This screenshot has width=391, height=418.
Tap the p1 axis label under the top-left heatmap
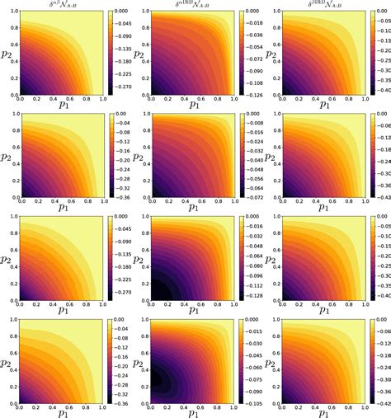[x=63, y=106]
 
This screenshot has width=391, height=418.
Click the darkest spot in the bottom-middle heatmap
[x=153, y=381]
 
